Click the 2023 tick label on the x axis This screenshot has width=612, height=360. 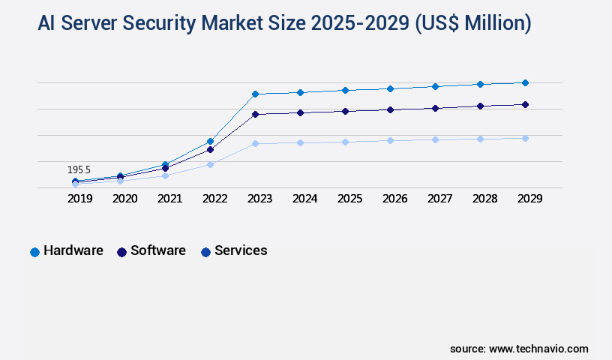click(x=259, y=199)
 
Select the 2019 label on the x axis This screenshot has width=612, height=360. click(x=80, y=199)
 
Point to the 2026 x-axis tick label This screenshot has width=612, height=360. click(x=394, y=199)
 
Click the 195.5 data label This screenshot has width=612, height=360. click(x=79, y=170)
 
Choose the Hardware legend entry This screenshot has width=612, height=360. click(x=67, y=251)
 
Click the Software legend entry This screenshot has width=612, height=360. click(x=151, y=251)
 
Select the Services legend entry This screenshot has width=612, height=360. click(x=234, y=251)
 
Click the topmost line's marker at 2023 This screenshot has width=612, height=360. click(x=255, y=94)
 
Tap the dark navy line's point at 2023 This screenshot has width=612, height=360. click(x=255, y=114)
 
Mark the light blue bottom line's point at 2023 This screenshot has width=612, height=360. click(x=255, y=143)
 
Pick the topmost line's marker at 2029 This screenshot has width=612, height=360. click(x=525, y=82)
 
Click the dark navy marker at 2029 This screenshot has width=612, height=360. click(x=525, y=104)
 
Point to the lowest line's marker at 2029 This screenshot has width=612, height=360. click(x=525, y=138)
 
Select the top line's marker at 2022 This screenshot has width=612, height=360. click(x=211, y=141)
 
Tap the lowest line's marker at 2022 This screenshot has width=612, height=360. click(x=211, y=164)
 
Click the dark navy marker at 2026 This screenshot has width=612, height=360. click(x=390, y=109)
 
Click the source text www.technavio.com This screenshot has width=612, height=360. click(x=538, y=349)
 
